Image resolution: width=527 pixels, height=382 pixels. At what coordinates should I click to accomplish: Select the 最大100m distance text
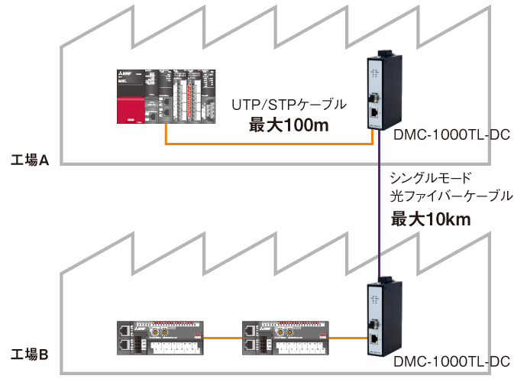click(x=289, y=125)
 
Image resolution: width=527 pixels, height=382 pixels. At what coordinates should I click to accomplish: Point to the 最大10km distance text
click(x=431, y=220)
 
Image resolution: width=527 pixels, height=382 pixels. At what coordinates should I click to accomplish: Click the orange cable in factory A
click(x=267, y=144)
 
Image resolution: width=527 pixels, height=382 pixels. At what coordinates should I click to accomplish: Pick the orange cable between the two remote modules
click(x=222, y=336)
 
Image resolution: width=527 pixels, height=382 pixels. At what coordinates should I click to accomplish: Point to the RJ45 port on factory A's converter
click(x=376, y=111)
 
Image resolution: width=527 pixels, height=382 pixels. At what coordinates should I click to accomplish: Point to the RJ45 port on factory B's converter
click(x=376, y=335)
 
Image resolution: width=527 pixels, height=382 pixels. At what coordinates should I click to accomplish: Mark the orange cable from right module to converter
click(x=348, y=337)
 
